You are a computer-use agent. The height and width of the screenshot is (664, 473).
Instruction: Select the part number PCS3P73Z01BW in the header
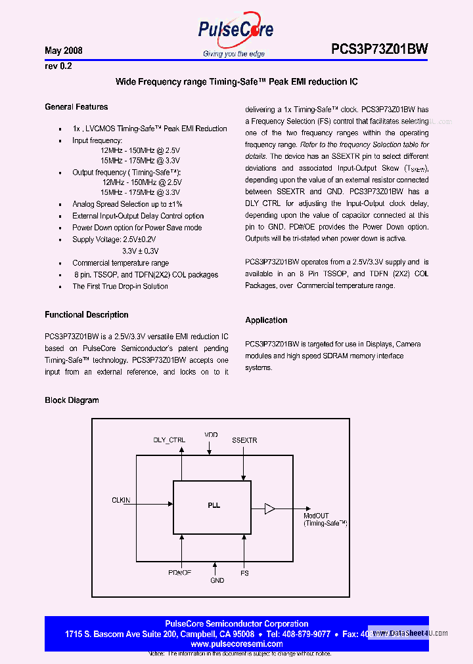[x=379, y=49]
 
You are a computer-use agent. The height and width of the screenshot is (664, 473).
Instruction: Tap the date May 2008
[x=63, y=51]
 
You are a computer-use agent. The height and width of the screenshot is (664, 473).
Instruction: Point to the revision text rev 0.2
[x=58, y=66]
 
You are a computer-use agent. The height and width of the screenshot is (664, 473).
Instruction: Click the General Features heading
[x=76, y=107]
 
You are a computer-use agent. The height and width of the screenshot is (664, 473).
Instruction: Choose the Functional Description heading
[x=86, y=315]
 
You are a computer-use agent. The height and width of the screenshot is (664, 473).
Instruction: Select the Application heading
[x=266, y=320]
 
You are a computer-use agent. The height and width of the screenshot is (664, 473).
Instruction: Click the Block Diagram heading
[x=72, y=400]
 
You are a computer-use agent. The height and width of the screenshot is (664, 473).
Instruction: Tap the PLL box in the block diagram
[x=212, y=507]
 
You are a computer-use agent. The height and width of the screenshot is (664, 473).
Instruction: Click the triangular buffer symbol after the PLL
[x=269, y=508]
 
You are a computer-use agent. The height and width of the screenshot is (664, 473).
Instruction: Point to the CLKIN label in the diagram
[x=121, y=500]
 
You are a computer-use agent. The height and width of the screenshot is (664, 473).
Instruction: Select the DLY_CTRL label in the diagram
[x=169, y=440]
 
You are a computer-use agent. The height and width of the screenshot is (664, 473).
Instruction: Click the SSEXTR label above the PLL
[x=244, y=440]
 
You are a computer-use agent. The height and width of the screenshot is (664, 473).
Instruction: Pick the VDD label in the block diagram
[x=210, y=434]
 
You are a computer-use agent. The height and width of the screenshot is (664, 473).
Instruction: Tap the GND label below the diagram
[x=217, y=580]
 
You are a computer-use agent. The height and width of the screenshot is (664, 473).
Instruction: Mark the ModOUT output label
[x=316, y=516]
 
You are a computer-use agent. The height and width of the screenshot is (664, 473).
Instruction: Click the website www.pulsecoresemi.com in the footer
[x=236, y=644]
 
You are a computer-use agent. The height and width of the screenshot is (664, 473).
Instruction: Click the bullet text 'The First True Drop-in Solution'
[x=120, y=286]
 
